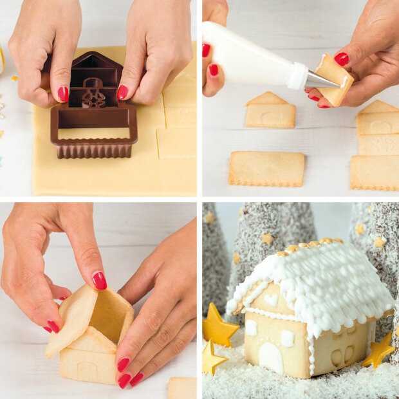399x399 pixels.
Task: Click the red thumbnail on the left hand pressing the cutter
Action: [63, 94]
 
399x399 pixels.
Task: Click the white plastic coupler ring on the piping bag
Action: [297, 75]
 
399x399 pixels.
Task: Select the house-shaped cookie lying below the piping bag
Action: [270, 111]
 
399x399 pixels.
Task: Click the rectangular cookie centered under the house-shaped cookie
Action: [266, 168]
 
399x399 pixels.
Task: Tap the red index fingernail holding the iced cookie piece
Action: [341, 59]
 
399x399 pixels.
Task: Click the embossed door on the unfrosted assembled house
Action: [88, 372]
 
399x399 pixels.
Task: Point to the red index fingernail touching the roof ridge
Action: [99, 281]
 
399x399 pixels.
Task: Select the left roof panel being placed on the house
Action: [72, 319]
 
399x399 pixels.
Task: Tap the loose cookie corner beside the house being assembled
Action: [182, 387]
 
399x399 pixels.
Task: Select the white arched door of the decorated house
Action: [271, 358]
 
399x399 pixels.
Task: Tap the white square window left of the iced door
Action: [251, 328]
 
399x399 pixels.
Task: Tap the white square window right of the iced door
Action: [288, 338]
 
